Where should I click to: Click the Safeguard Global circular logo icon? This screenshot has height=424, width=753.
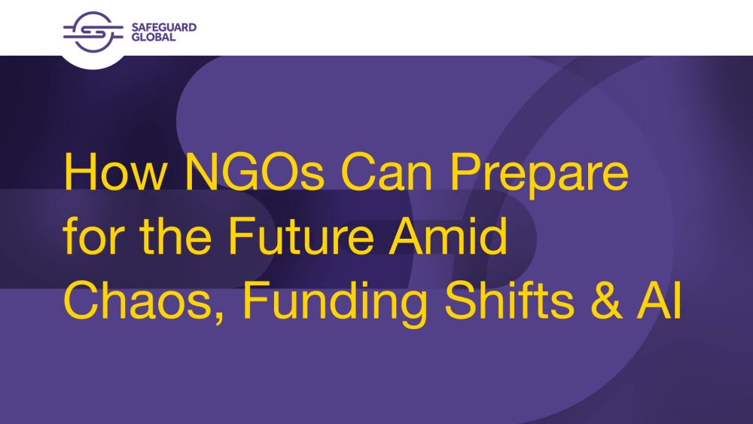tap(93, 32)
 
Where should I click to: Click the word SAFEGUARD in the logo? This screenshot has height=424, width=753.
tap(163, 27)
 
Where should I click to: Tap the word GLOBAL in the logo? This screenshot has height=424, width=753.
tap(154, 37)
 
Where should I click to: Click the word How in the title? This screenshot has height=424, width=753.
tap(114, 172)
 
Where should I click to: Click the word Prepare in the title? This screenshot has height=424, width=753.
tap(539, 175)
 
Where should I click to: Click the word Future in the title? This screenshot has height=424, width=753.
tap(301, 236)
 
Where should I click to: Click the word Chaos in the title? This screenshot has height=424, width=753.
tap(138, 300)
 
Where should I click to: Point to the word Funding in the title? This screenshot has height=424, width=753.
tap(335, 304)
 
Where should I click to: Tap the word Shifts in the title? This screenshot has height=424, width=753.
tap(509, 300)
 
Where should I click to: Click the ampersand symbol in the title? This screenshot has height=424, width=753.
tap(606, 300)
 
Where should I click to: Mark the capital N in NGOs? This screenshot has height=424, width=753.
tap(201, 172)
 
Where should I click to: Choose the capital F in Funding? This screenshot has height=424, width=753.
tap(257, 300)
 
